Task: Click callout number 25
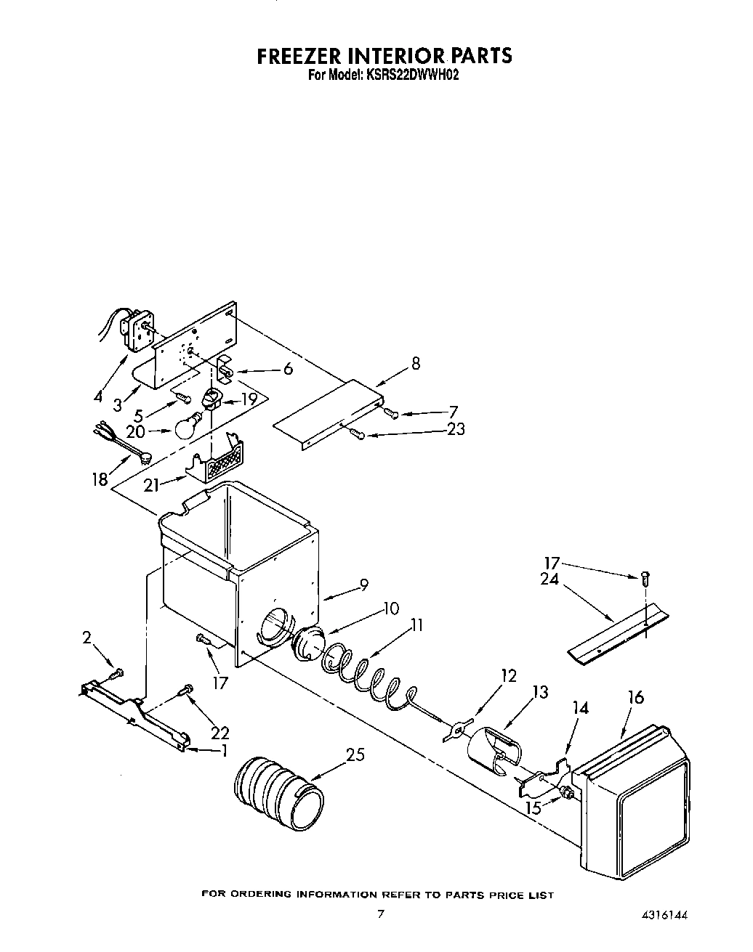355,756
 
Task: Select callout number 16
636,698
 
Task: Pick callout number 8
415,364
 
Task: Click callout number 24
549,579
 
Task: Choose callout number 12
508,676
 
